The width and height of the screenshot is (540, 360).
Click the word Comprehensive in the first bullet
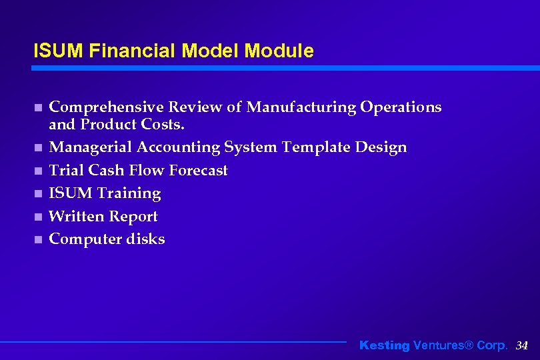click(x=107, y=107)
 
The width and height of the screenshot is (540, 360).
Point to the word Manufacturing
click(x=302, y=107)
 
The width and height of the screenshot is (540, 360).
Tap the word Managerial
click(x=93, y=147)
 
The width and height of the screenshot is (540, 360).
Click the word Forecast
click(x=198, y=170)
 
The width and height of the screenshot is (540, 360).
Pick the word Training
click(x=129, y=193)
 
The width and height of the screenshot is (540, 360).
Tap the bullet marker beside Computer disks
click(x=38, y=239)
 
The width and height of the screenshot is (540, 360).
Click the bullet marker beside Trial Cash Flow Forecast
click(x=38, y=171)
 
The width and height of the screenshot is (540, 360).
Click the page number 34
click(x=522, y=345)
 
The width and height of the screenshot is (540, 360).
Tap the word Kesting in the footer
click(x=385, y=345)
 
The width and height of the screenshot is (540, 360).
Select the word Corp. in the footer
click(x=492, y=345)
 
